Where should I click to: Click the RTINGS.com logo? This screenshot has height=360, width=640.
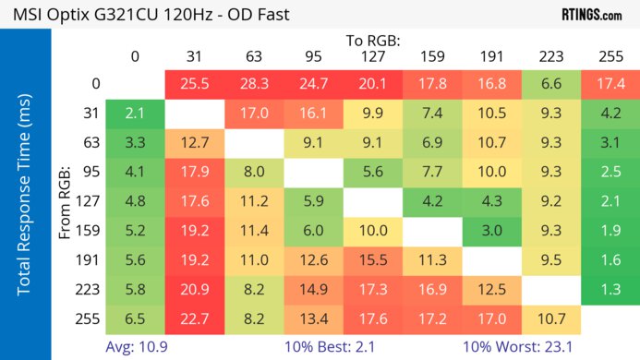[x=591, y=15]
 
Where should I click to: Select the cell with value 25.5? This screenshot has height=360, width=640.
[x=195, y=85]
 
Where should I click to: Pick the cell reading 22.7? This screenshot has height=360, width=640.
[x=195, y=320]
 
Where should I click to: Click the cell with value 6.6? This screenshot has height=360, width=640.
[x=550, y=85]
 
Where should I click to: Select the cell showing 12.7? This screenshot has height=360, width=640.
[x=195, y=144]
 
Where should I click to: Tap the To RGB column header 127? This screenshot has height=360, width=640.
[x=373, y=55]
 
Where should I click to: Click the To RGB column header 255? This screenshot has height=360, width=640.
[x=610, y=55]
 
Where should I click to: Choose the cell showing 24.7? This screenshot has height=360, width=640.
[x=314, y=85]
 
